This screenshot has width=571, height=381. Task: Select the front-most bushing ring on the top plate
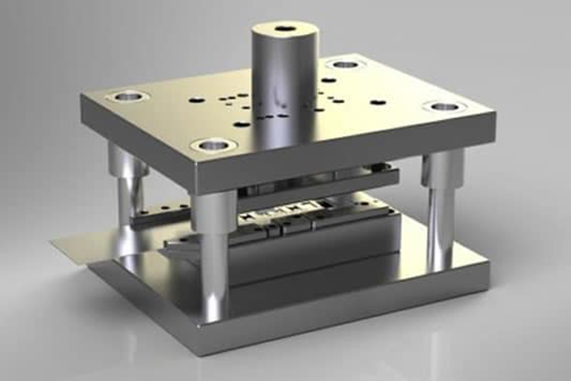tap(213, 146)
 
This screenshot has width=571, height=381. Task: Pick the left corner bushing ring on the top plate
tap(126, 96)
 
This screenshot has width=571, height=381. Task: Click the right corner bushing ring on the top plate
tap(444, 106)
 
